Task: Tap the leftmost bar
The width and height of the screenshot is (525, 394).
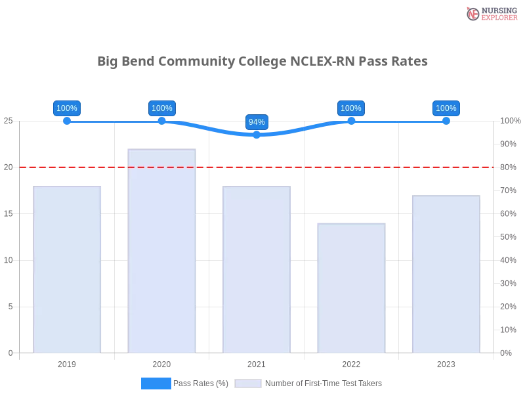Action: coord(68,269)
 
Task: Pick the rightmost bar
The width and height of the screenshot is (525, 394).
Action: coord(446,274)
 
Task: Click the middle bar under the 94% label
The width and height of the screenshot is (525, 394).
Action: coord(257,269)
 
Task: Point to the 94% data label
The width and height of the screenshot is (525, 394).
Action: coord(257,122)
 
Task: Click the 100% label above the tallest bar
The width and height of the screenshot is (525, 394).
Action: coord(161,108)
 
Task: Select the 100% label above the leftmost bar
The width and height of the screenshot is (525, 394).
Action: coord(67,108)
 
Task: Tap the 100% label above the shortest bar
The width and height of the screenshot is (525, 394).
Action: coord(351,108)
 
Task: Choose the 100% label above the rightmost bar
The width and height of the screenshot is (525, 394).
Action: coord(446,108)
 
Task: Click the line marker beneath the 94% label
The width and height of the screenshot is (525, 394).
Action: coord(257,135)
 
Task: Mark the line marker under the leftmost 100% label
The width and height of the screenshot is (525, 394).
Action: coord(67,121)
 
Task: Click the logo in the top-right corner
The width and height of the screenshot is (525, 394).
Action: coord(490,14)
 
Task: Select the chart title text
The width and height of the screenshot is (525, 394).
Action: coord(262,62)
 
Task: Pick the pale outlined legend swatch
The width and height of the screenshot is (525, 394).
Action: coord(248,383)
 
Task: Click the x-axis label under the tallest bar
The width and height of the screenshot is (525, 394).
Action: coord(162,362)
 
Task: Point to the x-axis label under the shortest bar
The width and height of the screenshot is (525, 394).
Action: coord(351,362)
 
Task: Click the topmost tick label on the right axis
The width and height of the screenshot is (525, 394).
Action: coord(509,121)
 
